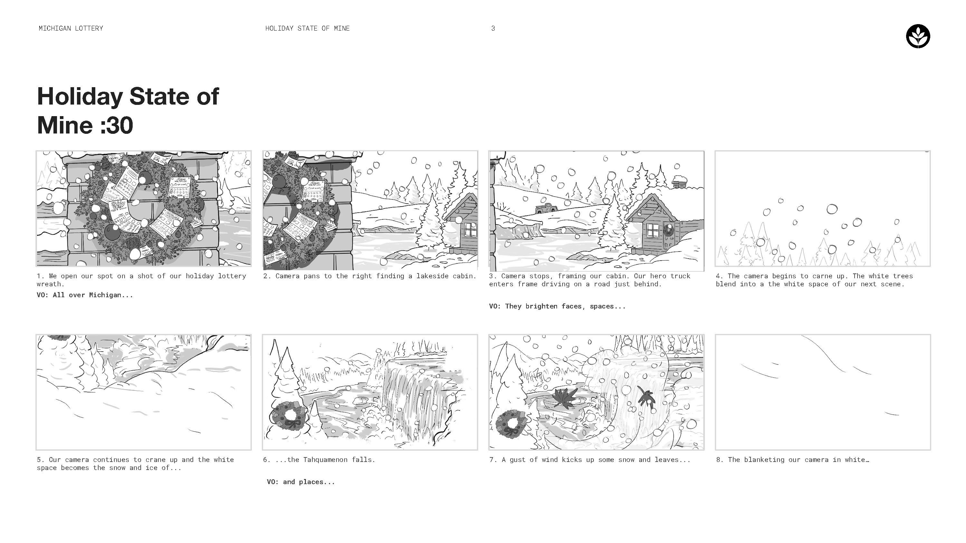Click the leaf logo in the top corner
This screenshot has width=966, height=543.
(x=918, y=36)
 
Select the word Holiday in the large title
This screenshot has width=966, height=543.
(x=80, y=97)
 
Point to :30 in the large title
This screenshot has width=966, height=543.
(x=117, y=125)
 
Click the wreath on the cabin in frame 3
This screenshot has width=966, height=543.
(x=668, y=229)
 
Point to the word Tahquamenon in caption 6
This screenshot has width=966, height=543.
(x=325, y=460)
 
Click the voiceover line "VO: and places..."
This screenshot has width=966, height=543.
(x=301, y=482)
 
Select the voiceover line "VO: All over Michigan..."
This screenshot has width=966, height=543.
(x=85, y=295)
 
